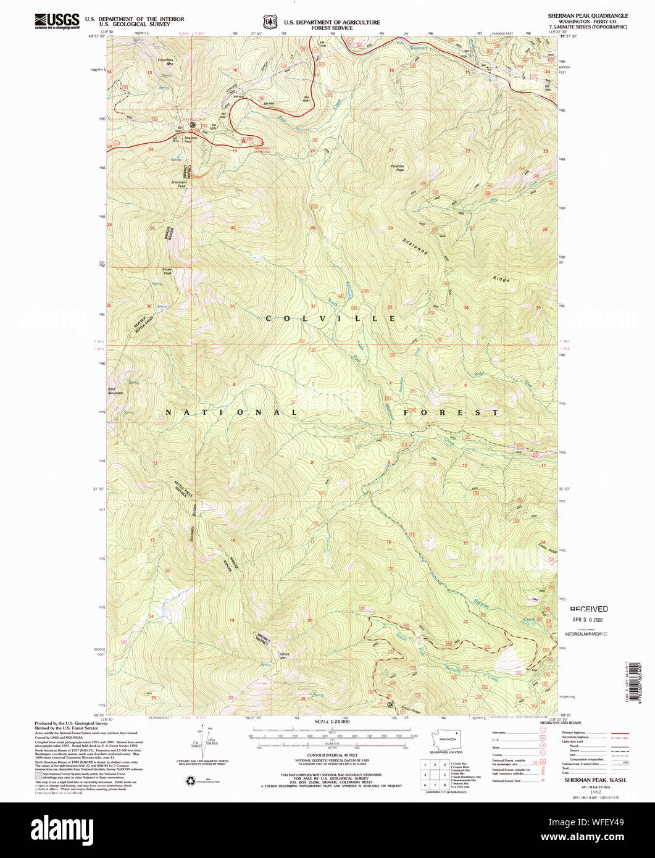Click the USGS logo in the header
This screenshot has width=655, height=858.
point(57,22)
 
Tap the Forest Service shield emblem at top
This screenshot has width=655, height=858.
point(270,22)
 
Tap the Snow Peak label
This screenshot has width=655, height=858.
point(167,271)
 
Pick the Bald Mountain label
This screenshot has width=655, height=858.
point(115,391)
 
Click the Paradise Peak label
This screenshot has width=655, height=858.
point(398,167)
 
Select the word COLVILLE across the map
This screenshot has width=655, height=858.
point(330,319)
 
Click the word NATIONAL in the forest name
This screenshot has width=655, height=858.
point(231,412)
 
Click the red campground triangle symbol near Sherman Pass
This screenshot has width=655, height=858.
point(245,140)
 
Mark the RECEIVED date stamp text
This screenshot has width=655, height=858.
point(588,609)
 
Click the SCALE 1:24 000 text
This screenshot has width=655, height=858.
point(332,722)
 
